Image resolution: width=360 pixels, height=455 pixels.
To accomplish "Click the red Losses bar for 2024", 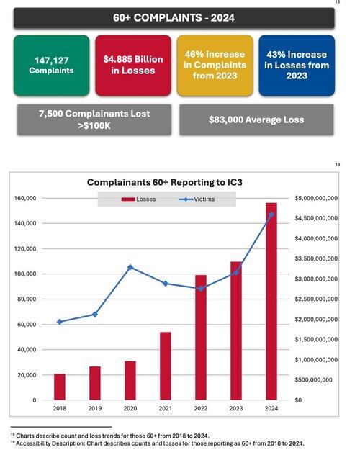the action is pos(271,302).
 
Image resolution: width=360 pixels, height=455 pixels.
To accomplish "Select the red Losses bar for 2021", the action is pos(166,366).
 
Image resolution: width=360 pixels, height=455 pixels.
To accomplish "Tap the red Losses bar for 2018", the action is pos(60,387).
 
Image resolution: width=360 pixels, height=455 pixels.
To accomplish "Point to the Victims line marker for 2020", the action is pos(130,267).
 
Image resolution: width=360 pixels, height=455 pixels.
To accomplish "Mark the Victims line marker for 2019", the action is pos(95,315).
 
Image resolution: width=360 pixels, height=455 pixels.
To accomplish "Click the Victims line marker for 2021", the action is pos(166,284).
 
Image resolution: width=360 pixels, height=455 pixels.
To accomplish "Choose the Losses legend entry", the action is pos(139,199).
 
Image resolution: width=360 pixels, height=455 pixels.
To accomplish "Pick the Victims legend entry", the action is pos(197,199).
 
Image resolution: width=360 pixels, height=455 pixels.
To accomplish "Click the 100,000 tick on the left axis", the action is pos(27,274).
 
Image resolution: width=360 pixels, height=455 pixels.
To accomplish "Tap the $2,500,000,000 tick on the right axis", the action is pos(316,299).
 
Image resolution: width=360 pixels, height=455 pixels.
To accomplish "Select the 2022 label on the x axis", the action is pos(201,408).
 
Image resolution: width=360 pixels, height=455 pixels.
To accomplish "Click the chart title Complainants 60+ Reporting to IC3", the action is pos(164,182).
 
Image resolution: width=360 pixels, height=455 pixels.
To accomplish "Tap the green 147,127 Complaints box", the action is pos(51,66).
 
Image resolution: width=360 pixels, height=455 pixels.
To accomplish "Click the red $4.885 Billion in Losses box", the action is pos(133,66).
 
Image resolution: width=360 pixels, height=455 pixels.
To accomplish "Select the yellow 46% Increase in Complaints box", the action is pos(215,66).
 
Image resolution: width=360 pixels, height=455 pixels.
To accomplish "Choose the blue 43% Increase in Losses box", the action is pos(297,66).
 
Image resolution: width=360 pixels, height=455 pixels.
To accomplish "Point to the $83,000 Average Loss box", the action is pos(256,120).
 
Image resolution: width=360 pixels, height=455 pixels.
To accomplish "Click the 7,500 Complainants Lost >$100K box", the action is pos(94,120).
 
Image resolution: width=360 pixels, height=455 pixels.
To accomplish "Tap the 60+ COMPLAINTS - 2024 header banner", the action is pos(174,18).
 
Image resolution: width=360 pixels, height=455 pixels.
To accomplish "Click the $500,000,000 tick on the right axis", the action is pos(314,380).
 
